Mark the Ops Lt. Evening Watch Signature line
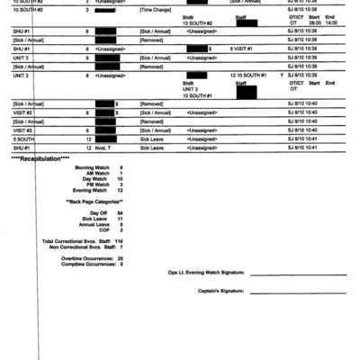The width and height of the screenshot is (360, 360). pos(297,274)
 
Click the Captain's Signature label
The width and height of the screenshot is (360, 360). pos(219,292)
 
